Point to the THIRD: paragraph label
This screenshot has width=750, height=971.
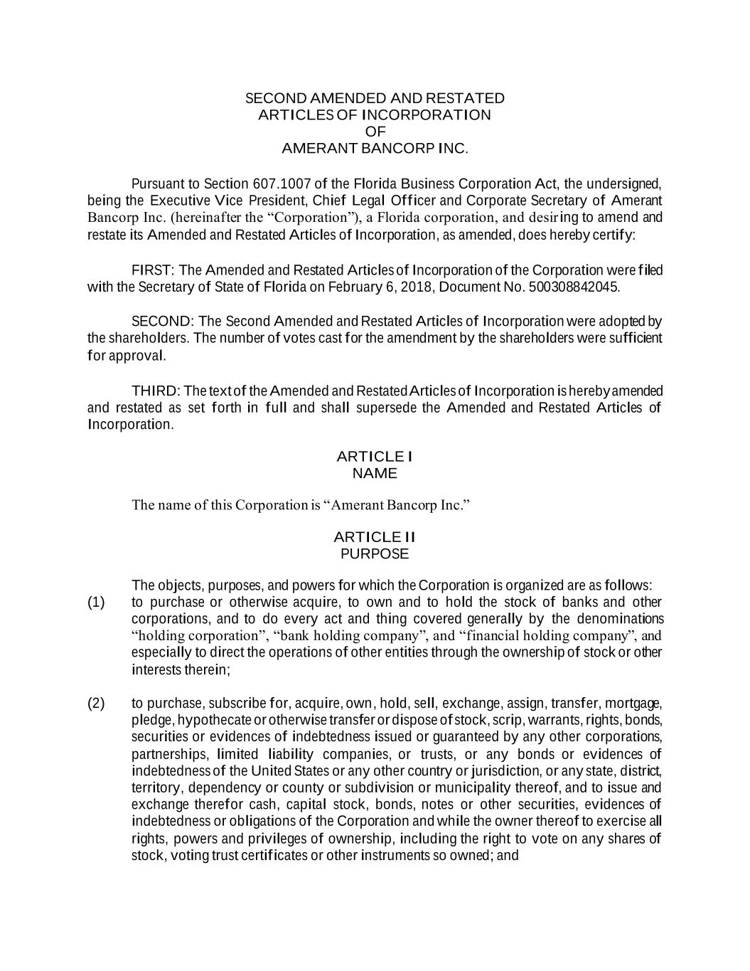point(157,391)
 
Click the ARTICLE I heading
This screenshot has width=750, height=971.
point(375,456)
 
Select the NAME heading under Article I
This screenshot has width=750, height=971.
point(375,473)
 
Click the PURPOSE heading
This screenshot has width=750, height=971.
point(375,553)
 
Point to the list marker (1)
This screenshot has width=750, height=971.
point(96,603)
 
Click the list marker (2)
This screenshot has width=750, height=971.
point(96,704)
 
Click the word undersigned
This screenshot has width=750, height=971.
point(626,184)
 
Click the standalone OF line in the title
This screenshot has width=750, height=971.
point(375,132)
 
